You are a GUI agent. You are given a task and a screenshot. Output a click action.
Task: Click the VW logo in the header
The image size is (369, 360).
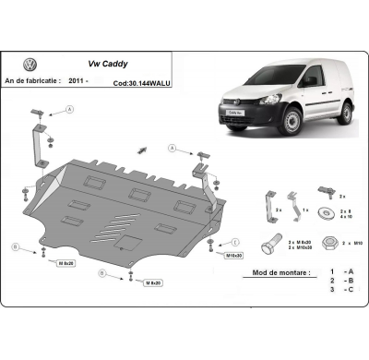coord(30,66)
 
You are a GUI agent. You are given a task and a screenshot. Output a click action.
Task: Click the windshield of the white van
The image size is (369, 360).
coord(260,96)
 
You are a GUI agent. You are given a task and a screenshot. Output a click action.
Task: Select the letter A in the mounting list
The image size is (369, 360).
coord(349,273)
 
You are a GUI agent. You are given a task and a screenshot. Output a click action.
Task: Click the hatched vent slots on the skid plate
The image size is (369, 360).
coord(127,225)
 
